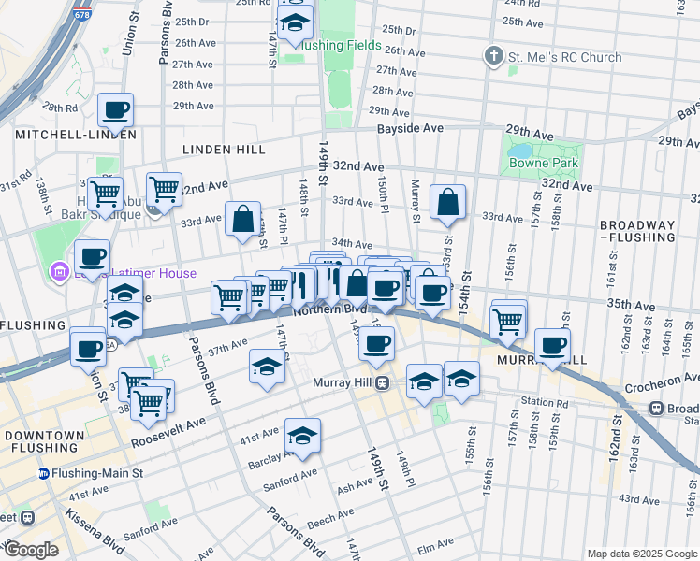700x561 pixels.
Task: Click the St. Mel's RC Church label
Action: point(564,57)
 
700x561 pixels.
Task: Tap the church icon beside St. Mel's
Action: point(494,57)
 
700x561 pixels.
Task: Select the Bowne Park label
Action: point(543,163)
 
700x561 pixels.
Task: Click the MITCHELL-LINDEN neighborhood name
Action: point(76,135)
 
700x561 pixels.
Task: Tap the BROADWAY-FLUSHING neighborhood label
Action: point(636,232)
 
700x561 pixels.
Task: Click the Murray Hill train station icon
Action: point(383,383)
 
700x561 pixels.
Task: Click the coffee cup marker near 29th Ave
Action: point(116,110)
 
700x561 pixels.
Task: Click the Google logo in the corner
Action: point(32,550)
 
